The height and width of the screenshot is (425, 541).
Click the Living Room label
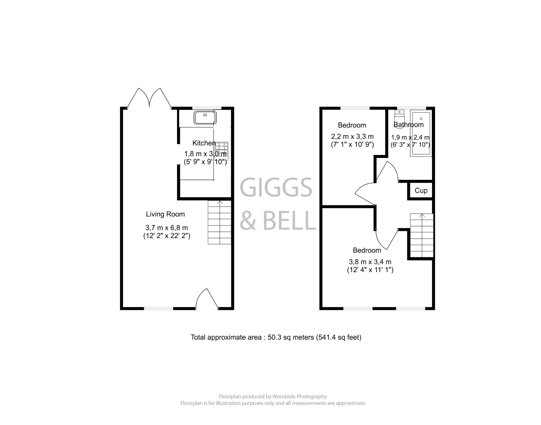pos(165,214)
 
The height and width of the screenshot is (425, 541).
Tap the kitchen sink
pos(205,118)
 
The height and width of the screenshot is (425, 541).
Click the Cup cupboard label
pos(421,190)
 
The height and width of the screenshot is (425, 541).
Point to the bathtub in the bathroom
pos(421,133)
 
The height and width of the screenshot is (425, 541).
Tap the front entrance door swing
pos(206,298)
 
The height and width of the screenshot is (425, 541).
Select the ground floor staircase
pos(220,222)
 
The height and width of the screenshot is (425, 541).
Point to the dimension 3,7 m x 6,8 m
pos(167,228)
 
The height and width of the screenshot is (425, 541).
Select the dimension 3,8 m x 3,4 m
pos(370,262)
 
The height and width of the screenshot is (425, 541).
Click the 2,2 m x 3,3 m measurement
pos(352,137)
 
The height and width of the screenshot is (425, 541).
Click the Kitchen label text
pos(204,143)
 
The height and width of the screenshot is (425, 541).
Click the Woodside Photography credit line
pos(273,396)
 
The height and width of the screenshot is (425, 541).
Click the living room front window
pos(158,308)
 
